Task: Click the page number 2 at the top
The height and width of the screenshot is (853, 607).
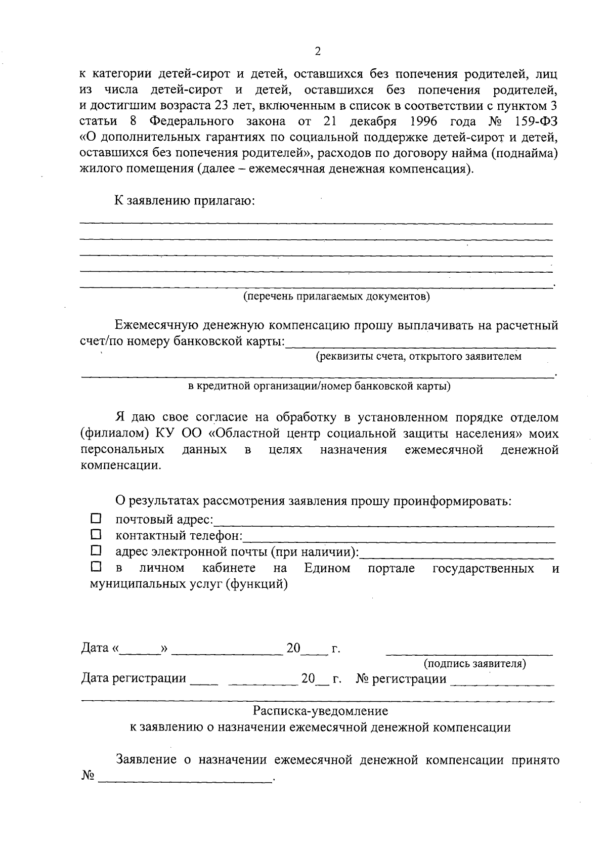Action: (x=318, y=51)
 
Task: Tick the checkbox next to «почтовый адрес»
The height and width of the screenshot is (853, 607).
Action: (x=96, y=519)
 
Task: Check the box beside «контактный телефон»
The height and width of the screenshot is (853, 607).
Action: (x=96, y=534)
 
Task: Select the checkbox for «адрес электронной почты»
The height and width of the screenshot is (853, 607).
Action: (x=96, y=550)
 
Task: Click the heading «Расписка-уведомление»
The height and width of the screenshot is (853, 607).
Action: (x=321, y=711)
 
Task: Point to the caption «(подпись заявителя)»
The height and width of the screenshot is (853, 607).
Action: (x=474, y=663)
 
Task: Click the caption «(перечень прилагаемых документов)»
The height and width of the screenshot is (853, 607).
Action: (x=336, y=296)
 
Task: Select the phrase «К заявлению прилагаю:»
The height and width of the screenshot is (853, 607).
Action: (x=184, y=200)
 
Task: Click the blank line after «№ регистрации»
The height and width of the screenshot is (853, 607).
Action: (x=502, y=685)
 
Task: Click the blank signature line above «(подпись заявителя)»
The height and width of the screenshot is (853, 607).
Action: (x=469, y=654)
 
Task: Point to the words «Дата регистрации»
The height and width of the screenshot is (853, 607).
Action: (x=134, y=678)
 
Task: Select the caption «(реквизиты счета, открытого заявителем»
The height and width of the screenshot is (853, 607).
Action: (x=418, y=357)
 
